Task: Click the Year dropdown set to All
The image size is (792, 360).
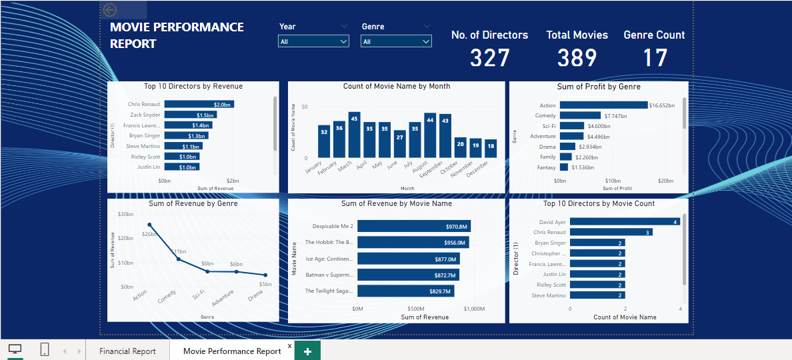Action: (x=313, y=41)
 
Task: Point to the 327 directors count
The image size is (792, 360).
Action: (x=489, y=58)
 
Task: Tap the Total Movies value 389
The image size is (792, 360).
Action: (x=577, y=58)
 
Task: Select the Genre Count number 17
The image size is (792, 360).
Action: (x=655, y=58)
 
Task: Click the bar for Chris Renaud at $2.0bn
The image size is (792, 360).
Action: (x=199, y=104)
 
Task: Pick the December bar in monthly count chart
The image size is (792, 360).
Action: (x=491, y=149)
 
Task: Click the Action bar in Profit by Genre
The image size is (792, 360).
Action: (x=603, y=105)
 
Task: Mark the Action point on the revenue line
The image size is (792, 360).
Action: (x=149, y=225)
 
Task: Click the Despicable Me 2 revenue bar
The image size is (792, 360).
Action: (x=414, y=226)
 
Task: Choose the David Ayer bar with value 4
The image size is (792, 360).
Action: (x=625, y=221)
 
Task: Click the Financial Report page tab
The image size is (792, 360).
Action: (x=127, y=351)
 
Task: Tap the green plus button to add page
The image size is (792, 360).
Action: (x=307, y=351)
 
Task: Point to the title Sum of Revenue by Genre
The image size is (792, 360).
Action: (x=193, y=203)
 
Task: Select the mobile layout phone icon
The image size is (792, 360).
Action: (x=45, y=350)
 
